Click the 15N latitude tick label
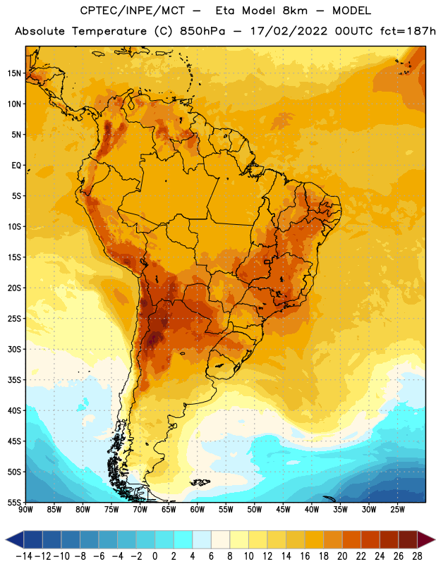14,73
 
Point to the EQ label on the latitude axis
16,166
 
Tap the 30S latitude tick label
14,349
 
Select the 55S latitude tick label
14,503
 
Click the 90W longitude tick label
25,510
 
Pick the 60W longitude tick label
198,510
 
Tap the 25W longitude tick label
397,510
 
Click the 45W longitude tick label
283,510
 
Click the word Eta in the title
225,11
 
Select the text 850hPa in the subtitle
202,31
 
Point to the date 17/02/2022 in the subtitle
289,31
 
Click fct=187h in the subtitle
408,31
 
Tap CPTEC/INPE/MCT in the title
133,11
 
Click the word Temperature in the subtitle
109,32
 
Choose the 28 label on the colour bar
417,556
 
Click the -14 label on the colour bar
24,556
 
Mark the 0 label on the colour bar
155,556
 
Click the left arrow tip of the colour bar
6,539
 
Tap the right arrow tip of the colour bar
435,539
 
